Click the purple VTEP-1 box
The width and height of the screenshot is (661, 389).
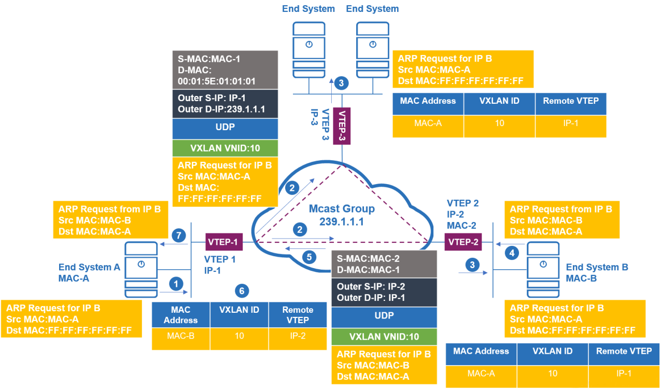tap(224, 242)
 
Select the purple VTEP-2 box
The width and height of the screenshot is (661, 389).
tap(463, 242)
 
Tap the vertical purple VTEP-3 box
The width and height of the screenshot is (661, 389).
tap(342, 126)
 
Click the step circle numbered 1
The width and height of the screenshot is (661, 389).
tap(176, 284)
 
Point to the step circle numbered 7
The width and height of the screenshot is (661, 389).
tap(179, 235)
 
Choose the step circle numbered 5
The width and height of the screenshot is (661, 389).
tap(310, 257)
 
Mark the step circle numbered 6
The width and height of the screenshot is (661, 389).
tap(242, 291)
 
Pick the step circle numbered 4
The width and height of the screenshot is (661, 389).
tap(512, 253)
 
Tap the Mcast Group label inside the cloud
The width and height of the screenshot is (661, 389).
tap(342, 209)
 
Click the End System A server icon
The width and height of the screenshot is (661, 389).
tap(141, 270)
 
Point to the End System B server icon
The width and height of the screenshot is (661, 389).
tap(543, 270)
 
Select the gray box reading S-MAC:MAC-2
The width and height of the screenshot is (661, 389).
tap(384, 264)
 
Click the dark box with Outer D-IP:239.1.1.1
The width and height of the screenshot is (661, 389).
tap(225, 104)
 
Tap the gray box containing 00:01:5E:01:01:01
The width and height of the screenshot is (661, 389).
tap(225, 70)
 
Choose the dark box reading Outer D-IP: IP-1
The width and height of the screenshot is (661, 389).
tap(384, 292)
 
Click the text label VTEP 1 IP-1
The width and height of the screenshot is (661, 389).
tap(220, 265)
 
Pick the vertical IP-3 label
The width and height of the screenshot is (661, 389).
tap(315, 117)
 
